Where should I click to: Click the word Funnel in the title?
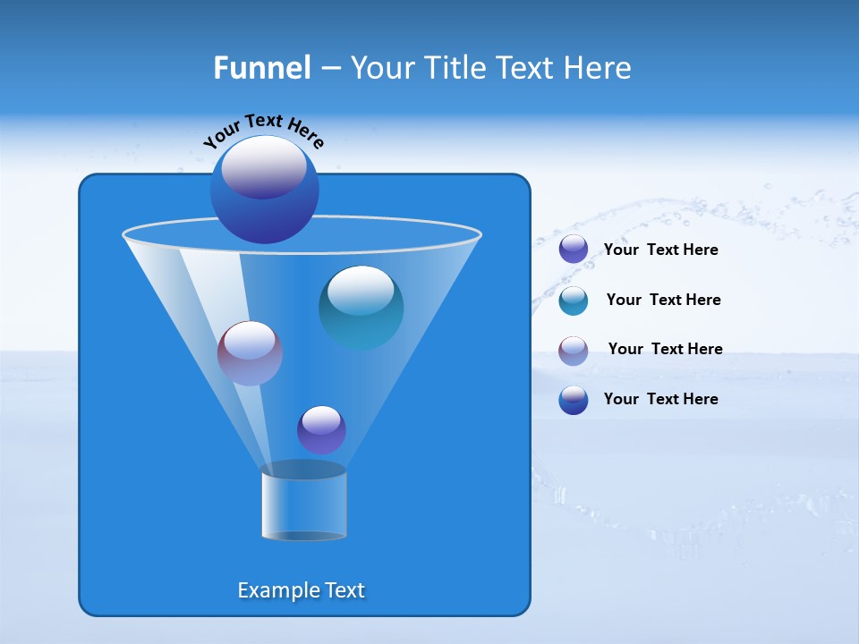point(261,68)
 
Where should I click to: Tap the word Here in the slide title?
point(598,68)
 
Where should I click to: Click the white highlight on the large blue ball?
point(264,167)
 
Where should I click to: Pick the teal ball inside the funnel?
point(361,309)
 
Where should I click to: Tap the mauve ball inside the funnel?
point(250,353)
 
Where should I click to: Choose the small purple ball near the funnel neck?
point(321,430)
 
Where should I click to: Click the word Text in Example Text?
point(344,590)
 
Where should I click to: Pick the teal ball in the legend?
point(573,301)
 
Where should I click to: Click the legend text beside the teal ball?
point(663,300)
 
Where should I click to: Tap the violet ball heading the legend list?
point(573,250)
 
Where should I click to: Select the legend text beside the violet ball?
point(660,250)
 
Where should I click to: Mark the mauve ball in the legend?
point(573,351)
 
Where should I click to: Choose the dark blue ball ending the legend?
point(573,400)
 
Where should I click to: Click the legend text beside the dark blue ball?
point(660,399)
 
